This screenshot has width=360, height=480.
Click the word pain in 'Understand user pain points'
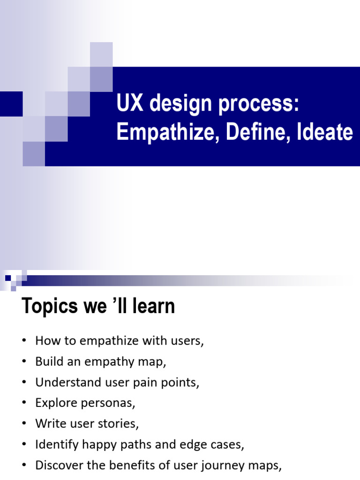pos(145,382)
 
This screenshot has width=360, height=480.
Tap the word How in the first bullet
pos(45,341)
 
